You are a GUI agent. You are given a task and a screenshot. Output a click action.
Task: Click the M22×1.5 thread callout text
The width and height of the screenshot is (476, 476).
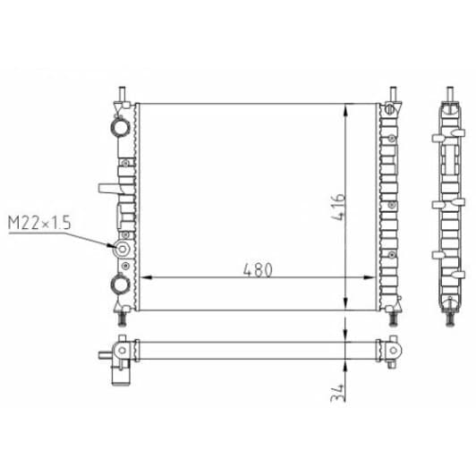point(39,223)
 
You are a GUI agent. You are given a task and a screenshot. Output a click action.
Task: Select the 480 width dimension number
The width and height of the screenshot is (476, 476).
point(258,269)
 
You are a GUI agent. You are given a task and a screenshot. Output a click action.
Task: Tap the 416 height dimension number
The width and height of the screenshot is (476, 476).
point(338,207)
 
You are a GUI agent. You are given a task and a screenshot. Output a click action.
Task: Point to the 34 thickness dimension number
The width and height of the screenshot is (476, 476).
point(338,393)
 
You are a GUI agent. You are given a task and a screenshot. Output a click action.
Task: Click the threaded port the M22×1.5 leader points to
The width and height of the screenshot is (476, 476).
point(122,250)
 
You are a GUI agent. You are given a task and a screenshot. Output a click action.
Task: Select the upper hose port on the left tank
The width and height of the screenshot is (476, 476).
point(120,126)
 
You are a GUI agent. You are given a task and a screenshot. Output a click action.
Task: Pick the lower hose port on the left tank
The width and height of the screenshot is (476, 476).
point(120,285)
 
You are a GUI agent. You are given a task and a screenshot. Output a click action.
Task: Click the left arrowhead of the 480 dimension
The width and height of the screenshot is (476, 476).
point(146,277)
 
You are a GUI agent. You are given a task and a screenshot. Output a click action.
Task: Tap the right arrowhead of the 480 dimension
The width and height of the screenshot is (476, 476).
point(370,277)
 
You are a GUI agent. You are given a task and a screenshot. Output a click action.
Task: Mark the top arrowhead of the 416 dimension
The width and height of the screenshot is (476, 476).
point(345,110)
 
